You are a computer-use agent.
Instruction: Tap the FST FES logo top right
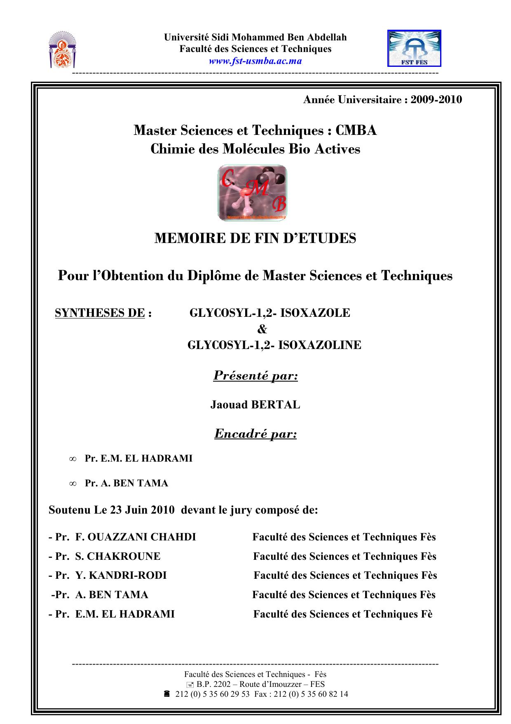click(x=414, y=48)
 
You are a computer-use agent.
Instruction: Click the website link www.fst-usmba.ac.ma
click(x=255, y=61)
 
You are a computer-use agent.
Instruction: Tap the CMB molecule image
click(x=252, y=193)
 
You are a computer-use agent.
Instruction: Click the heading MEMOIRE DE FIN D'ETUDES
click(x=255, y=238)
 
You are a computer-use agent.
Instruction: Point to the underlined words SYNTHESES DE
click(x=100, y=313)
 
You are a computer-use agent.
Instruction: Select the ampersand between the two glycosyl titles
click(x=262, y=329)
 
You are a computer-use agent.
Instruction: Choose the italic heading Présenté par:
click(x=255, y=376)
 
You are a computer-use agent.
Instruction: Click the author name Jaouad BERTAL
click(x=255, y=405)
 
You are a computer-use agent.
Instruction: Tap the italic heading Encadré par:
click(x=255, y=434)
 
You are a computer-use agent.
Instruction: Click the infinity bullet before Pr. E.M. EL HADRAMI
click(x=72, y=459)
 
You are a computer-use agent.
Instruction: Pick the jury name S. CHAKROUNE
click(x=117, y=557)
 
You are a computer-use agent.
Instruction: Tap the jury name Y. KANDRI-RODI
click(x=121, y=575)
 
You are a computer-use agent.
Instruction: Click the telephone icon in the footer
click(x=167, y=694)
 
